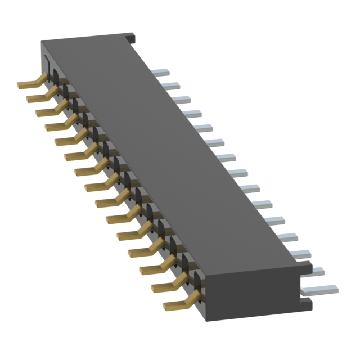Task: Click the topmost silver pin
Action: click(x=161, y=72)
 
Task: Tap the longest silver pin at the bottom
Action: click(x=321, y=289)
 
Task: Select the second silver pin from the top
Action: click(x=171, y=85)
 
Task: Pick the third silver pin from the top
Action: click(x=181, y=100)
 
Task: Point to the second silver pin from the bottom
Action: click(x=315, y=272)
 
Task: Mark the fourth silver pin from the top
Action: click(x=192, y=114)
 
